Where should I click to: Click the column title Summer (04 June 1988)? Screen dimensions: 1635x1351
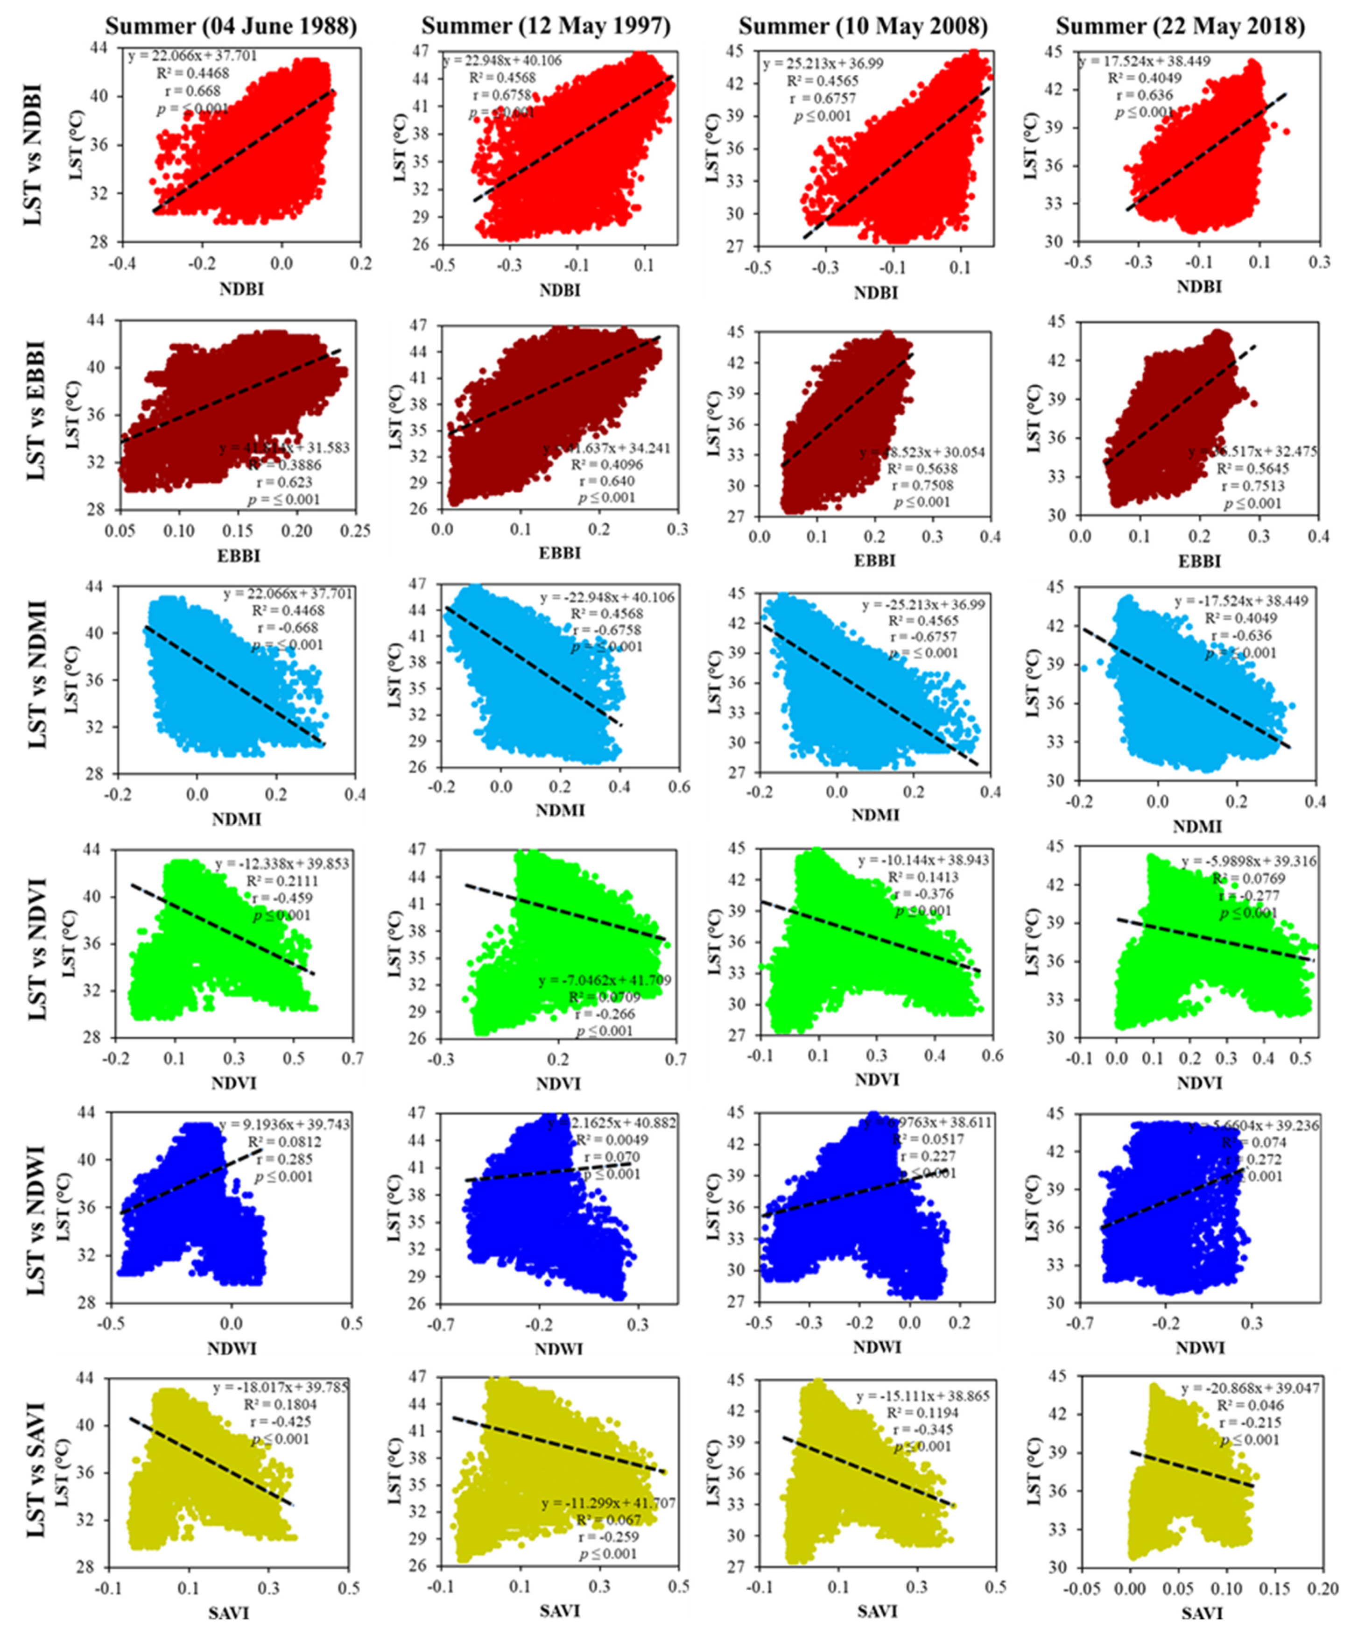[x=231, y=27]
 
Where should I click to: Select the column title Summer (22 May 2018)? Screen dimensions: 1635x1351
[x=1180, y=27]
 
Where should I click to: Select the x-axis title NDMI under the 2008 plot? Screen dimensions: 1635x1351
[x=875, y=815]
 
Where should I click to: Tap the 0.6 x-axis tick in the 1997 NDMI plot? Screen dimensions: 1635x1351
[x=679, y=787]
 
